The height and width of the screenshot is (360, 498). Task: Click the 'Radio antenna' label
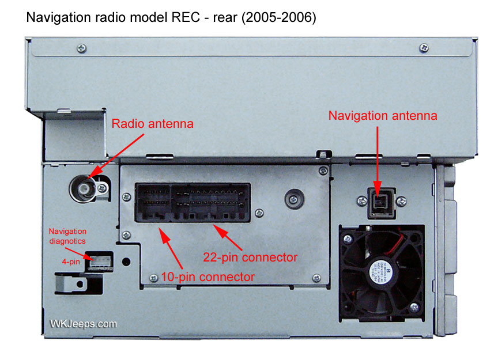153,123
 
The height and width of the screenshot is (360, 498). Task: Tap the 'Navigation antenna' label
383,115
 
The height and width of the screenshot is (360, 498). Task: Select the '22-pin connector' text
250,256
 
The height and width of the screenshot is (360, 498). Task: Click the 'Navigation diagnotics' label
66,236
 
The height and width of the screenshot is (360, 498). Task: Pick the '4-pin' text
71,261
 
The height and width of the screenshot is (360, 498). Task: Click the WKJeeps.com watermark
83,324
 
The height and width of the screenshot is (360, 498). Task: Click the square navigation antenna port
378,202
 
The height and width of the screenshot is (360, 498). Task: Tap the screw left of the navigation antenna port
362,200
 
